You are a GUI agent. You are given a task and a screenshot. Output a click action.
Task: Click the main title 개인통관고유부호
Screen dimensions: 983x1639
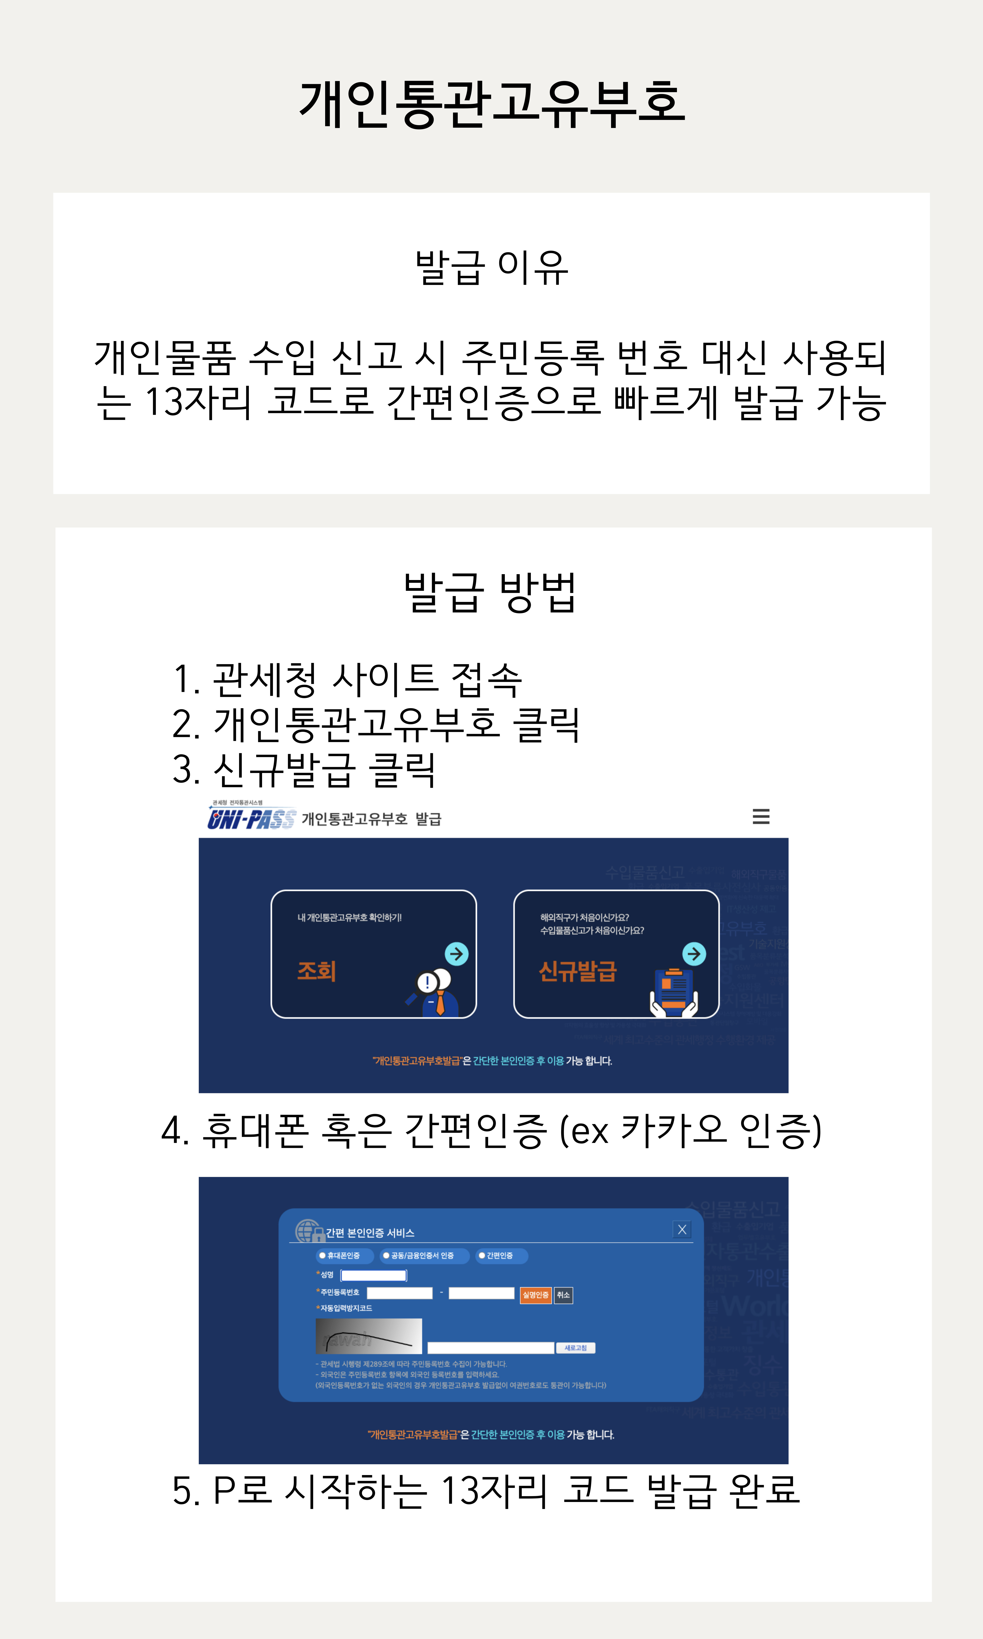(x=492, y=104)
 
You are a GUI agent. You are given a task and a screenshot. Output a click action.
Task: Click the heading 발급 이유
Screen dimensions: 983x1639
(x=492, y=268)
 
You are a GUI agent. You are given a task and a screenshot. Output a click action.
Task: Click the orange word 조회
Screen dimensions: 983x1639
(x=317, y=971)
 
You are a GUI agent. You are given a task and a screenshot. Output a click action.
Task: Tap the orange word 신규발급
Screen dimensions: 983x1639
(x=578, y=971)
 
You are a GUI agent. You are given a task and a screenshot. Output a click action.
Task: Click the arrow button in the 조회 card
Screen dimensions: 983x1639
(x=456, y=954)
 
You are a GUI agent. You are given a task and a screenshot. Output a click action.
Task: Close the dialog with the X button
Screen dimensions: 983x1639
(x=682, y=1230)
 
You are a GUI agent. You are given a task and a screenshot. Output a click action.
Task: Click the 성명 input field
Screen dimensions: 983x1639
(x=374, y=1275)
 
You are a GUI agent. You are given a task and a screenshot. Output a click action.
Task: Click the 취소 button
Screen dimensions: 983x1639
(x=563, y=1294)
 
